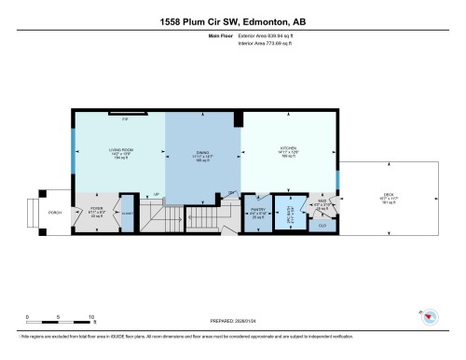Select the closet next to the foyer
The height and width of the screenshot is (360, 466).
tap(128, 212)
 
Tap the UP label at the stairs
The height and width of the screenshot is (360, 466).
tap(156, 194)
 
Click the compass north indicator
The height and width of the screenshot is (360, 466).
tap(429, 317)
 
